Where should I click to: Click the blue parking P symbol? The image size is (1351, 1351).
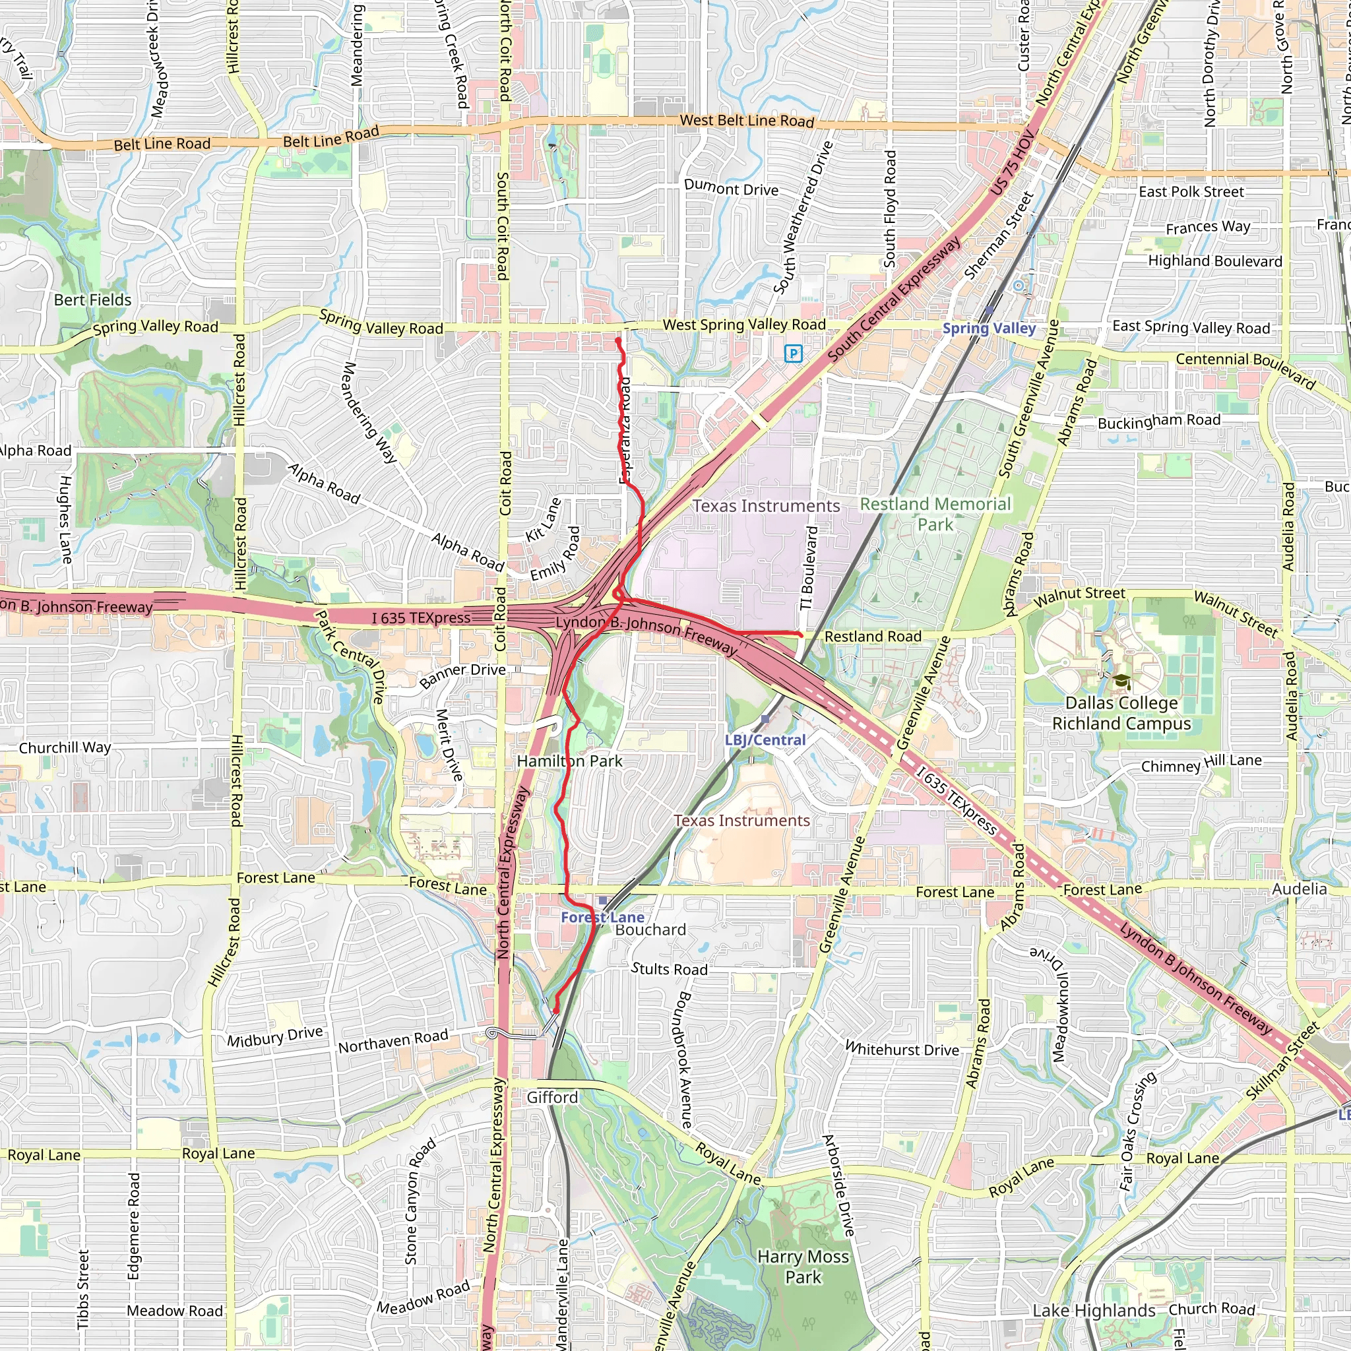point(793,353)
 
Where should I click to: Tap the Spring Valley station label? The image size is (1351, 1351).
point(989,328)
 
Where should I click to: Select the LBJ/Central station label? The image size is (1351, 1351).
point(765,740)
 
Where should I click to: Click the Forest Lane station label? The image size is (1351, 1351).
point(602,917)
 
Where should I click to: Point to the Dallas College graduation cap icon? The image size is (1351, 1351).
point(1121,681)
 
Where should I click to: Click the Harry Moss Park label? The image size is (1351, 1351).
point(803,1267)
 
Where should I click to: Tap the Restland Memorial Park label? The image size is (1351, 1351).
point(935,514)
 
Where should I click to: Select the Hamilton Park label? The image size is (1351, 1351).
point(569,761)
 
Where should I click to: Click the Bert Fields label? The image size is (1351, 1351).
point(93,300)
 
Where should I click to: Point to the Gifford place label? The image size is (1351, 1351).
point(552,1097)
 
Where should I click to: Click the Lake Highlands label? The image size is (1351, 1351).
point(1094,1311)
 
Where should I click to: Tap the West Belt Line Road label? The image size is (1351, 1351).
point(747,120)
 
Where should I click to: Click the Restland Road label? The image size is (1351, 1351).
point(873,637)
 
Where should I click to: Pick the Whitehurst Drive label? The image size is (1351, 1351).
point(902,1049)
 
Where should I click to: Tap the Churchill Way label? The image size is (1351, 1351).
point(65,747)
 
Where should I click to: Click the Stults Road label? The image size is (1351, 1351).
point(669,968)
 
